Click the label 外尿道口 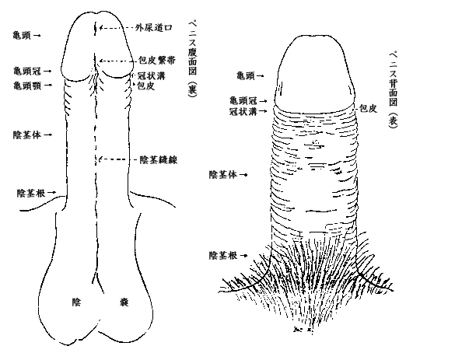click(x=154, y=27)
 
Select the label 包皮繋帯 click(x=156, y=61)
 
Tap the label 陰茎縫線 click(x=159, y=159)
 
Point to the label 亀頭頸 click(x=27, y=86)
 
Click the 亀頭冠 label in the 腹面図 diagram click(x=27, y=71)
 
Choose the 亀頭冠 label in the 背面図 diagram click(x=243, y=101)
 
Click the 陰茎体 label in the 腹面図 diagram click(x=27, y=135)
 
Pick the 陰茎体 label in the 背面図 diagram click(x=223, y=175)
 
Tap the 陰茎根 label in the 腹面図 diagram click(x=31, y=193)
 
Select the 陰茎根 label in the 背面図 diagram click(x=223, y=255)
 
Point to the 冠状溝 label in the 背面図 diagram click(x=243, y=111)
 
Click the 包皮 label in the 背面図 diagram click(x=368, y=109)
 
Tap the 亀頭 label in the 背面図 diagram click(x=246, y=76)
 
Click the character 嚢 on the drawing click(x=124, y=302)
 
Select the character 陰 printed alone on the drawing click(x=76, y=302)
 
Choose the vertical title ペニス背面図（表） click(x=393, y=89)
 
